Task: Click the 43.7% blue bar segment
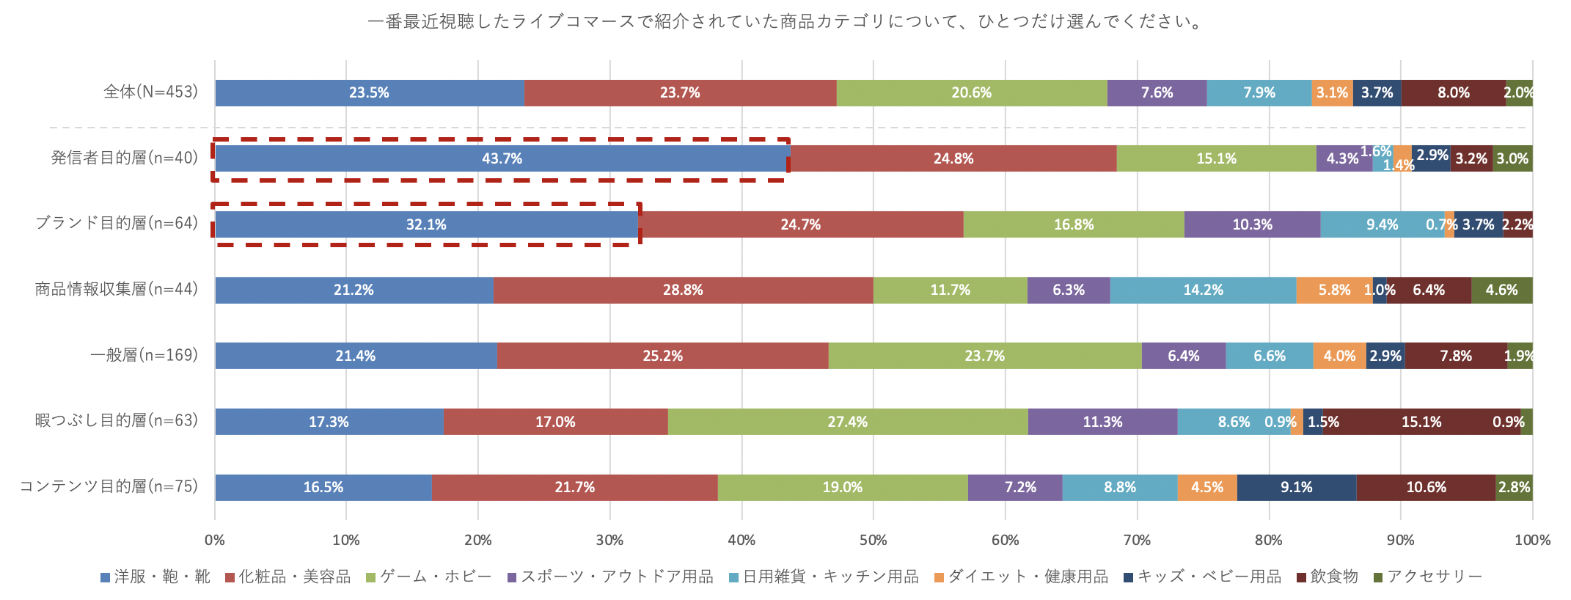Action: [502, 158]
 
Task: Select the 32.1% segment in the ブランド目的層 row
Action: [426, 224]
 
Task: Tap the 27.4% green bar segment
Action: [847, 422]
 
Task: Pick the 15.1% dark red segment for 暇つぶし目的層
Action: [1421, 422]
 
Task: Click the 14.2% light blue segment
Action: [1203, 290]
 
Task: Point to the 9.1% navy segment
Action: [1296, 488]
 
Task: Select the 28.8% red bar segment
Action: [683, 290]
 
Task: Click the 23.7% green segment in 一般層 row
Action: [984, 356]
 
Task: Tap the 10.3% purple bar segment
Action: [1252, 224]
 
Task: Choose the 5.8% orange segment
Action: [1334, 290]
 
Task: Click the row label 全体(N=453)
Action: [150, 92]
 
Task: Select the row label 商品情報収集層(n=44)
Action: [117, 290]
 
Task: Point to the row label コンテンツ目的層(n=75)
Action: [109, 487]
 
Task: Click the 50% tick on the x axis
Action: [873, 541]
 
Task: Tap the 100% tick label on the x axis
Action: [1532, 541]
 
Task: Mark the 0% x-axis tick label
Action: [215, 541]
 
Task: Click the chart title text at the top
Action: [785, 22]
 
